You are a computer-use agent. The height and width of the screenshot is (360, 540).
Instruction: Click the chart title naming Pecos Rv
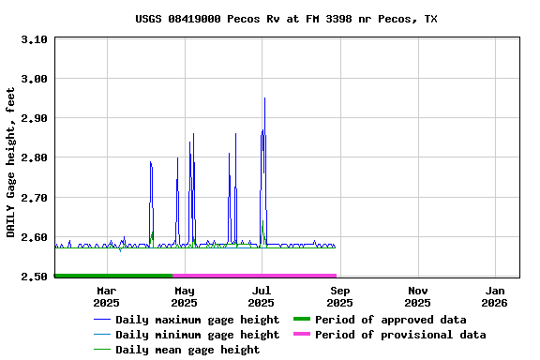pos(286,19)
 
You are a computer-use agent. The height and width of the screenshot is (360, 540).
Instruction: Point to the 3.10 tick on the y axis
pos(34,39)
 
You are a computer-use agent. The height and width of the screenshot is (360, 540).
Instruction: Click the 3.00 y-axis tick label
pos(34,79)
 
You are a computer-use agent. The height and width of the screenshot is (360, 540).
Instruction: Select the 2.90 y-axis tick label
pos(34,118)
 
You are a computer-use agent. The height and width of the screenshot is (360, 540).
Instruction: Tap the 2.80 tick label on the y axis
pos(34,158)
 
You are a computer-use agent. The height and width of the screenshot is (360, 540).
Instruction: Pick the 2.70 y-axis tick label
pos(34,198)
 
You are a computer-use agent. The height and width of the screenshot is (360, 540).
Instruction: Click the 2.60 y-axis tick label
pos(34,237)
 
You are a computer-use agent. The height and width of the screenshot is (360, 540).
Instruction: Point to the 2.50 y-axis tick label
pos(34,277)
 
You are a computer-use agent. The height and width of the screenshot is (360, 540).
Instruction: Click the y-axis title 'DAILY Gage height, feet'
pos(10,162)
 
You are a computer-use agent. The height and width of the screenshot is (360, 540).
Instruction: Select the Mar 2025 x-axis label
pos(106,296)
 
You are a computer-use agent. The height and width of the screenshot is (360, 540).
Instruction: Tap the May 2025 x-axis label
pos(184,296)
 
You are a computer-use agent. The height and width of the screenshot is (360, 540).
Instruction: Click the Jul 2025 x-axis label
pos(262,296)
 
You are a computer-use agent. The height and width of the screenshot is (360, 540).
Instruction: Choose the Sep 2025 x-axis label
pos(339,296)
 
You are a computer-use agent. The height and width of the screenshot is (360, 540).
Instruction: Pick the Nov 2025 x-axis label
pos(417,296)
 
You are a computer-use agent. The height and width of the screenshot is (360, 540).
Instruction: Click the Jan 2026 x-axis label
pos(494,296)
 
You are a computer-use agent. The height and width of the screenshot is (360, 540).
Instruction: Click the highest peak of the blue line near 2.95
pos(264,98)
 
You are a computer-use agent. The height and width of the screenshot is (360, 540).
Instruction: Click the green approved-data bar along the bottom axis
pos(112,276)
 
